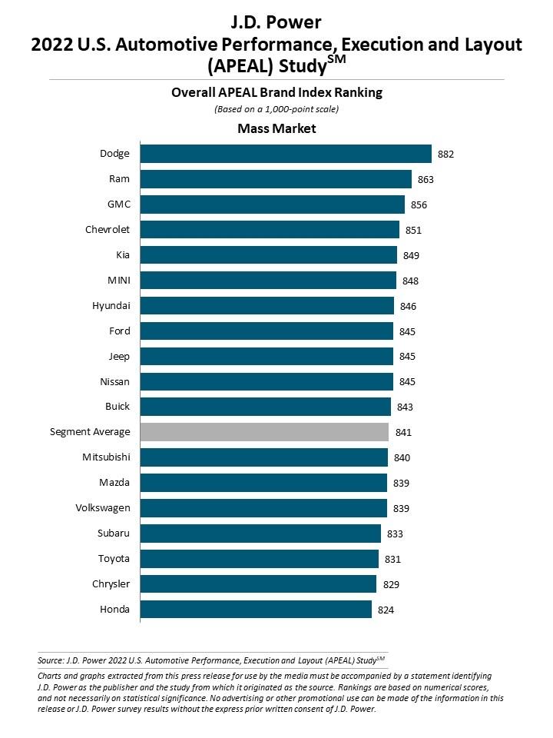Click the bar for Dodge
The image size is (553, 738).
pyautogui.click(x=285, y=154)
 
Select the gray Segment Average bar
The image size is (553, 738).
pyautogui.click(x=264, y=432)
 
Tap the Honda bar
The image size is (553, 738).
pyautogui.click(x=256, y=610)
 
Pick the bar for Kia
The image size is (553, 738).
pyautogui.click(x=268, y=255)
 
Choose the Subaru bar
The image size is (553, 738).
pyautogui.click(x=260, y=534)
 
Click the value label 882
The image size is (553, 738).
pyautogui.click(x=446, y=155)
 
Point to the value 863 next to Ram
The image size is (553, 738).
pyautogui.click(x=426, y=180)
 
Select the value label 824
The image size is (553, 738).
pyautogui.click(x=386, y=610)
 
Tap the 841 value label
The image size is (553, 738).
pyautogui.click(x=403, y=433)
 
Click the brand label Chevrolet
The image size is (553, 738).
pyautogui.click(x=108, y=229)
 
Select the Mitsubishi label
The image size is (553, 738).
pyautogui.click(x=106, y=457)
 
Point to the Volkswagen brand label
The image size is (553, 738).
pyautogui.click(x=103, y=508)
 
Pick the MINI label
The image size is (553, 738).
pyautogui.click(x=119, y=280)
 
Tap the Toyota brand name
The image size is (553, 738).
pyautogui.click(x=114, y=559)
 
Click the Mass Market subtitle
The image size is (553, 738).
pyautogui.click(x=276, y=128)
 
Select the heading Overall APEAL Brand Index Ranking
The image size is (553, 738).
pyautogui.click(x=276, y=93)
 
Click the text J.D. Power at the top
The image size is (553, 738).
pyautogui.click(x=276, y=22)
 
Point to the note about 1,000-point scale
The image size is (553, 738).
pyautogui.click(x=276, y=109)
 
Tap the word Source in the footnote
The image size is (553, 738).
pyautogui.click(x=49, y=660)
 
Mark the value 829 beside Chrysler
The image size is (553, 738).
pyautogui.click(x=391, y=585)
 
